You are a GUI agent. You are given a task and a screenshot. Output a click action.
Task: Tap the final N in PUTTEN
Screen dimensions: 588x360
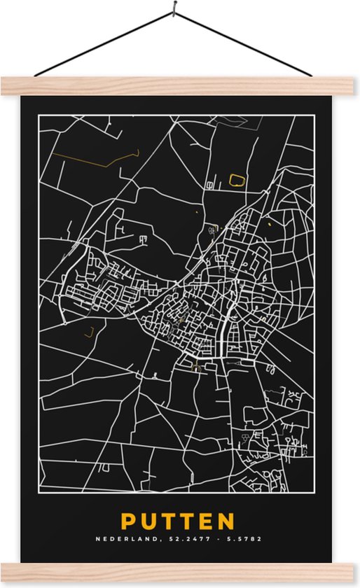[x=226, y=522]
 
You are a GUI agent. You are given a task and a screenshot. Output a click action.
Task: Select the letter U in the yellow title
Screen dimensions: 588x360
[x=148, y=522]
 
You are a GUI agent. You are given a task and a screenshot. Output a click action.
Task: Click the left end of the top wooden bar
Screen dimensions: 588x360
[x=6, y=85]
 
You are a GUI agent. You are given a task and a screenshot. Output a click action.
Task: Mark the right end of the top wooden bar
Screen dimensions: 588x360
[x=354, y=85]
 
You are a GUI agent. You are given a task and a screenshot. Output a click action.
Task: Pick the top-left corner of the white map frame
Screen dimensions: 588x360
[x=39, y=116]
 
